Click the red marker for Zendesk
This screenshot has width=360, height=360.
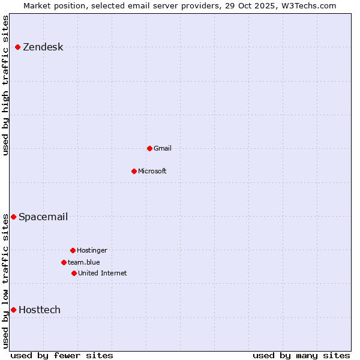coord(18,47)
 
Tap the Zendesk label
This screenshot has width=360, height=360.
coord(43,47)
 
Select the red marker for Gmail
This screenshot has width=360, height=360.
coord(149,148)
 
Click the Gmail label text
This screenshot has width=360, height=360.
coord(162,148)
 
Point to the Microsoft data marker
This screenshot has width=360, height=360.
coord(134,171)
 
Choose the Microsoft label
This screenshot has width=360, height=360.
coord(152,171)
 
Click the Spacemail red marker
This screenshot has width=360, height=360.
coord(13,217)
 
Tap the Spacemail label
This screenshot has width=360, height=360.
coord(43,217)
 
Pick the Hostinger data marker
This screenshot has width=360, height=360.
coord(73,250)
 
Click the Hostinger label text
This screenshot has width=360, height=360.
coord(92,250)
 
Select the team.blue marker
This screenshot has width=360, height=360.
coord(64,262)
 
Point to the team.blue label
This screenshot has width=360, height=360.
coord(83,262)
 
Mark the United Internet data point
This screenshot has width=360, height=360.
coord(74,273)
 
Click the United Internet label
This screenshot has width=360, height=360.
coord(102,273)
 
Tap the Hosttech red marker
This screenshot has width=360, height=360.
coord(13,310)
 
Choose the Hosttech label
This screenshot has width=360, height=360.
coord(39,310)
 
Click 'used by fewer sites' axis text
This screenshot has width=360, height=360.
coord(62,355)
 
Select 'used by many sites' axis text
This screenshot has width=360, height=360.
coord(301,355)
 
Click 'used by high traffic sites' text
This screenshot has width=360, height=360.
coord(6,86)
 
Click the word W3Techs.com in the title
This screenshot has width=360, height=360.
coord(308,5)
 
